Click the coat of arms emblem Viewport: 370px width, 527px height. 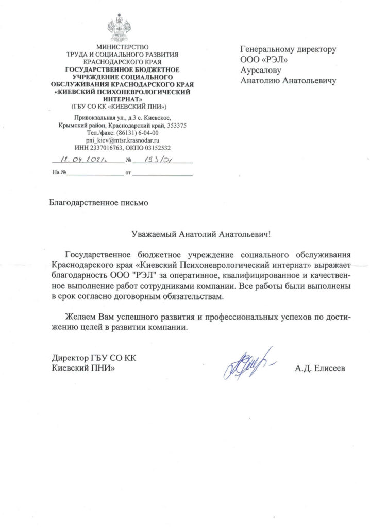click(122, 28)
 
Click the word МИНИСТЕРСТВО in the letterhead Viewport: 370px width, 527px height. click(122, 47)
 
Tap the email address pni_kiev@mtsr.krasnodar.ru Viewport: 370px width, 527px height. click(123, 139)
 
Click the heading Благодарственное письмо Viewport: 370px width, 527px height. click(98, 203)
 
